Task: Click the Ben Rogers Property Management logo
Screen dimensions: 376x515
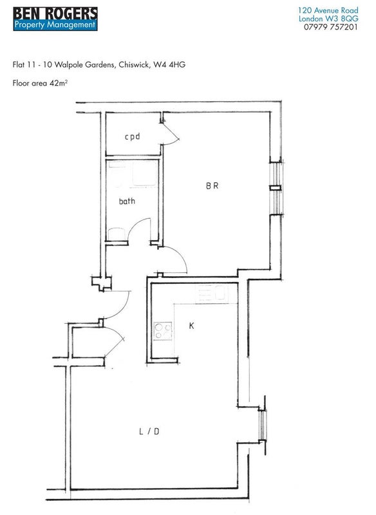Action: point(55,19)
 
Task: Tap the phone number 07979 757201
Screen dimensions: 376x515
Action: point(330,27)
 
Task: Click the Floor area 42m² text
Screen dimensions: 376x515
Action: point(40,83)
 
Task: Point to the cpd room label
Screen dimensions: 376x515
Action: point(133,136)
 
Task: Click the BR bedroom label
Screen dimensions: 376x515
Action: point(212,185)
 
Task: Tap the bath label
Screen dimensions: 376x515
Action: point(127,201)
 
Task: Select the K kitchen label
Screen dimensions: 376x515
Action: point(191,326)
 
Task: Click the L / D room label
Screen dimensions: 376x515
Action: point(149,431)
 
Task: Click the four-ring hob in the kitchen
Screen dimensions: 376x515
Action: point(163,331)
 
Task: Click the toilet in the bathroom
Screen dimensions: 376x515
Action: point(117,234)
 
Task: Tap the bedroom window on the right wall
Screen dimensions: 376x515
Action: point(276,188)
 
